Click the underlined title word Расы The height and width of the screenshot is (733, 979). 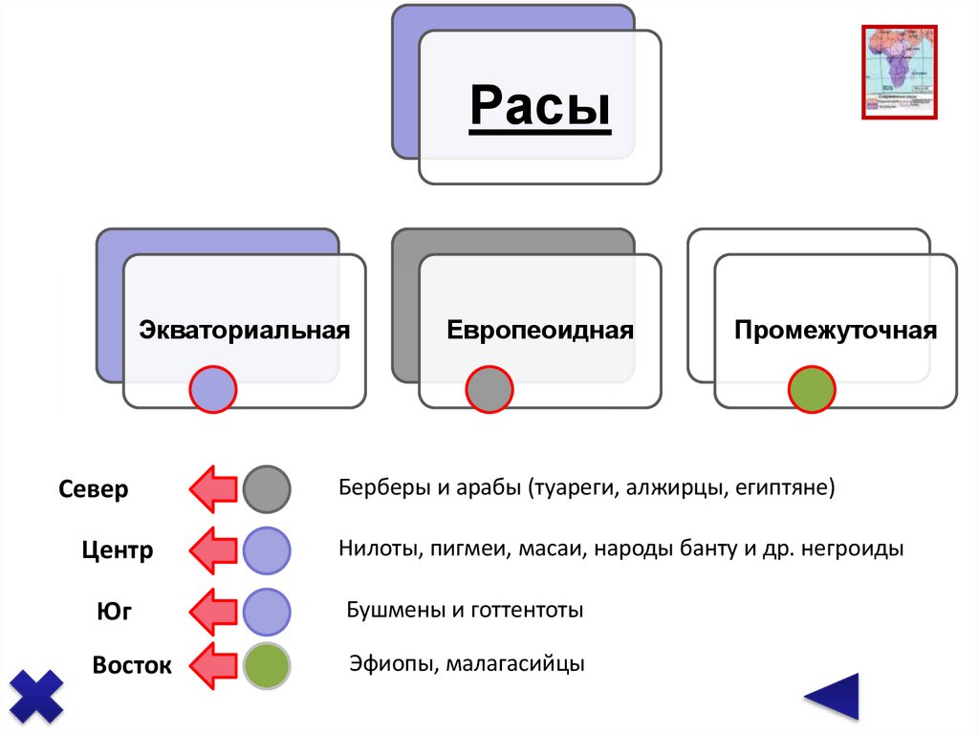click(540, 106)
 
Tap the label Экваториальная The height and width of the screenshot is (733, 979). click(245, 331)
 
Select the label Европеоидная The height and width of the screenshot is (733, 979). click(540, 331)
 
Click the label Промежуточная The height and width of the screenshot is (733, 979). click(836, 331)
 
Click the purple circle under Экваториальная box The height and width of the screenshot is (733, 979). click(212, 389)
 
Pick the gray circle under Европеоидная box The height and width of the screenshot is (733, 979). click(489, 390)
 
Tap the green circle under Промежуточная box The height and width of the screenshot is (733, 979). click(812, 390)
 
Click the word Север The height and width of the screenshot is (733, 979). click(94, 490)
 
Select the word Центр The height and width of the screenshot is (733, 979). click(117, 550)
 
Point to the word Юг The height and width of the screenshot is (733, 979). click(114, 612)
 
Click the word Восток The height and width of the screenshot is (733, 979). click(132, 665)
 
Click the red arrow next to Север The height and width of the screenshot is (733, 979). click(212, 490)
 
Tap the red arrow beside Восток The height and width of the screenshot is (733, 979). click(212, 666)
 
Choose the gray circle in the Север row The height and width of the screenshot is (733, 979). click(266, 490)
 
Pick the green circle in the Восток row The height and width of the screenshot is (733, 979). click(266, 666)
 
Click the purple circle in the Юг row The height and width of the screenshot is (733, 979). click(266, 612)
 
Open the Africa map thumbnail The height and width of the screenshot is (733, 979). click(900, 72)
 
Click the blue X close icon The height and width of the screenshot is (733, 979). click(36, 695)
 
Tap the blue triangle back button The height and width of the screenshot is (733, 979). click(833, 697)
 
